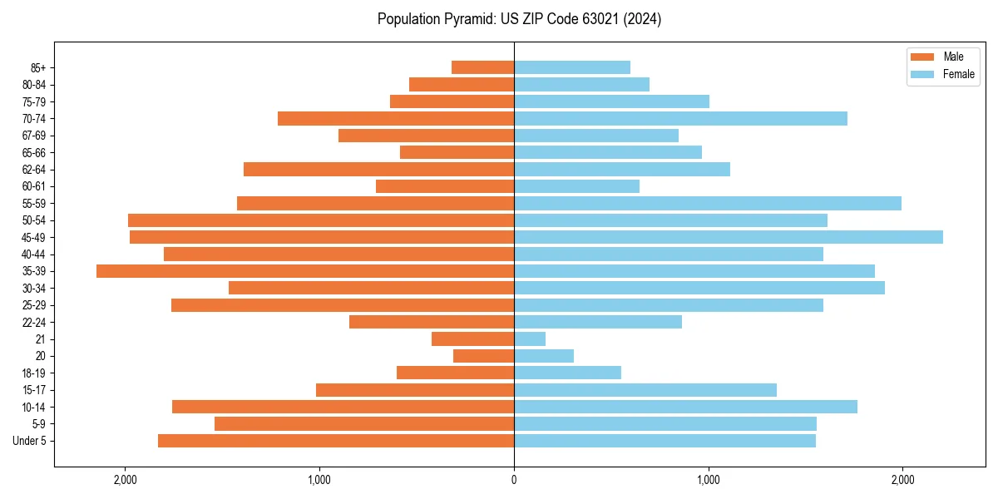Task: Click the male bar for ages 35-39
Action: click(305, 271)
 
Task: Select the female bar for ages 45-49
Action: click(729, 237)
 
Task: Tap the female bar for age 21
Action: click(530, 339)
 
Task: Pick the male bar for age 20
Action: click(483, 356)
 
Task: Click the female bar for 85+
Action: click(572, 67)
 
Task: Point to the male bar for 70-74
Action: click(396, 118)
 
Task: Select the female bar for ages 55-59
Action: click(708, 203)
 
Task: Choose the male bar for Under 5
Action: click(336, 441)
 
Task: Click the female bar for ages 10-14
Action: click(685, 407)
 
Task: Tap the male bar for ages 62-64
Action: click(378, 169)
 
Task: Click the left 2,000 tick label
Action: click(126, 480)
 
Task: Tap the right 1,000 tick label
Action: click(709, 480)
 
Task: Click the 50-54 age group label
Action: click(34, 220)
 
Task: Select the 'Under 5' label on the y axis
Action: click(30, 441)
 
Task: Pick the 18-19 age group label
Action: click(34, 373)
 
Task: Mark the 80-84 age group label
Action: click(34, 85)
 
